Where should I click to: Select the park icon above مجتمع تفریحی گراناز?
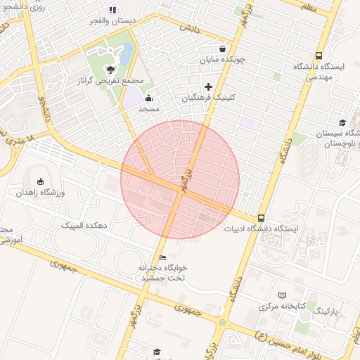coord(110,69)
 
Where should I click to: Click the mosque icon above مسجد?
coord(149,98)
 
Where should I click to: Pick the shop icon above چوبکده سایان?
coord(223,49)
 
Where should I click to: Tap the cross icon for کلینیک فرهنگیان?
coord(208,86)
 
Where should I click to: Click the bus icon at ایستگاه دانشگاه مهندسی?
coord(319,56)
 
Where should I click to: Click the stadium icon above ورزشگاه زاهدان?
coord(40,181)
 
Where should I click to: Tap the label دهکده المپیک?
coord(84,225)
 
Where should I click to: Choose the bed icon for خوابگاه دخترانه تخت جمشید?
coord(163,257)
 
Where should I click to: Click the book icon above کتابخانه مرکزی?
coord(283,295)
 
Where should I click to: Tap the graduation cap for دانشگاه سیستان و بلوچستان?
coord(342,122)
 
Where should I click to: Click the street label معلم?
coord(308,7)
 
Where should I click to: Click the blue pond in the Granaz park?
coord(127,53)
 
